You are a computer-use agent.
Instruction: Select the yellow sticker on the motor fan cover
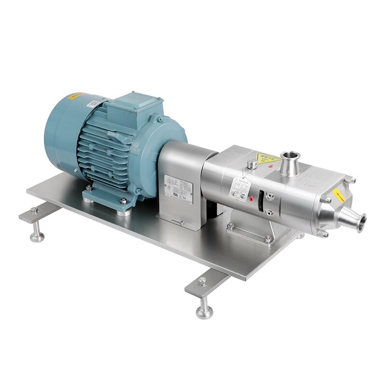pyautogui.click(x=76, y=96)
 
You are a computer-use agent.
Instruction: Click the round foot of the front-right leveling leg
pyautogui.click(x=204, y=313)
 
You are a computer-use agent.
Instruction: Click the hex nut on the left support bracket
pyautogui.click(x=34, y=211)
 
